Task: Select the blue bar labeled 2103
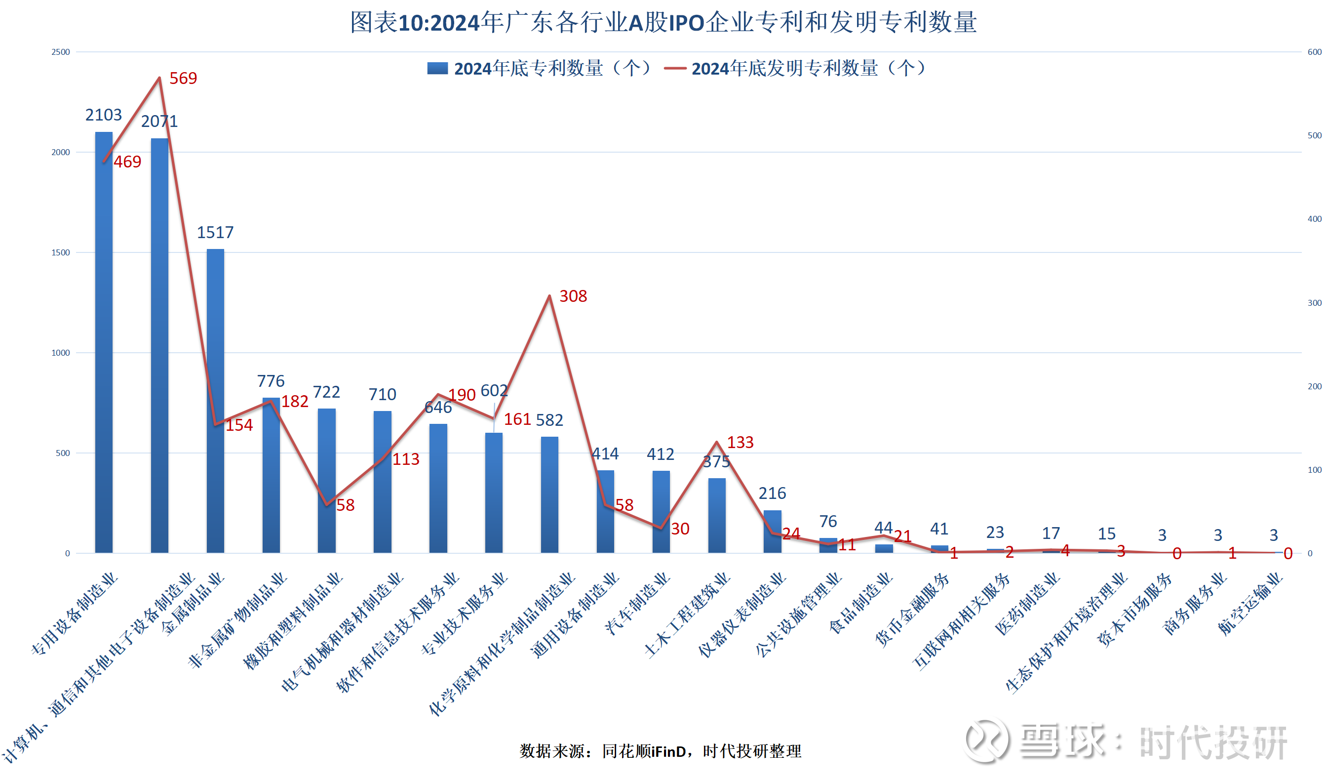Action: click(x=104, y=343)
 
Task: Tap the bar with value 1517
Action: click(x=215, y=401)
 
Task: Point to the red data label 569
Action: click(x=183, y=79)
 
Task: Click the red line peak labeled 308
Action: click(x=549, y=296)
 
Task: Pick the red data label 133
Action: click(x=740, y=443)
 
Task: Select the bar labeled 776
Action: click(x=271, y=475)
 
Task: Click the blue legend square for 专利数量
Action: click(x=437, y=69)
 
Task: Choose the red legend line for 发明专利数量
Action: click(x=674, y=69)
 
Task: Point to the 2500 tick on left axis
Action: click(x=61, y=52)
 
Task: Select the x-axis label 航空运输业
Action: click(x=1249, y=604)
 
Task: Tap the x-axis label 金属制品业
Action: click(x=193, y=604)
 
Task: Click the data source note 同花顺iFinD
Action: click(x=644, y=751)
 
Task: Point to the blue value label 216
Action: click(x=772, y=494)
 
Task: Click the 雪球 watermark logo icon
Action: click(x=986, y=740)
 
